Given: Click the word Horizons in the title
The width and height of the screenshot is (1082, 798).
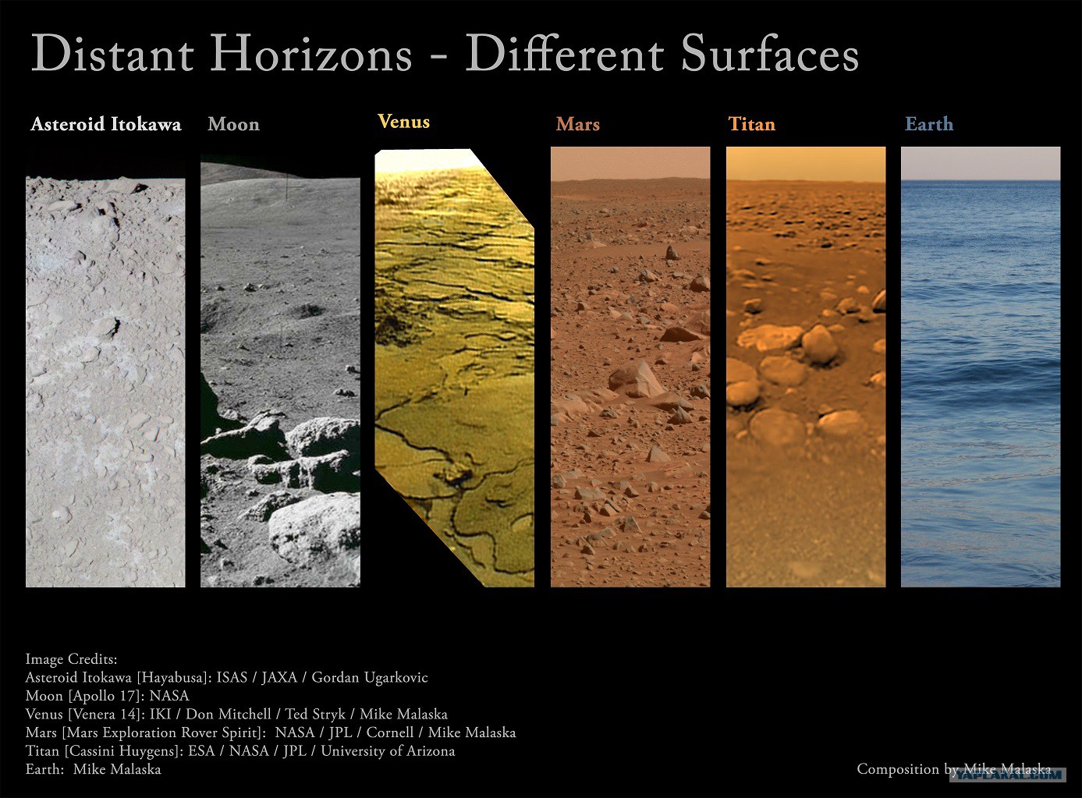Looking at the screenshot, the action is click(x=310, y=53).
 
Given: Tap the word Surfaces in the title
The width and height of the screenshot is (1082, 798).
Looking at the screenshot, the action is click(x=770, y=53).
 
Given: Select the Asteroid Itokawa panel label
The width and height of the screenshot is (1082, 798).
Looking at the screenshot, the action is click(x=106, y=124).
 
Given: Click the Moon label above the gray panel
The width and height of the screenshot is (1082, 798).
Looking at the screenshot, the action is click(x=234, y=124).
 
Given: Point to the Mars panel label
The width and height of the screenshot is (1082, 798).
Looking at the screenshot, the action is click(x=578, y=124).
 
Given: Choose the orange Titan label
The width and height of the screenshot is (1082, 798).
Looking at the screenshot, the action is click(x=751, y=124).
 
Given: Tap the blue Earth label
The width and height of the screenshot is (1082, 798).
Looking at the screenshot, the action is click(x=929, y=124).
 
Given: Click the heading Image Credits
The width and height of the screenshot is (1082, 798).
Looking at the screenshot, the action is click(x=72, y=659).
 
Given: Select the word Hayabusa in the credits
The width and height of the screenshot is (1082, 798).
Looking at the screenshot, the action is click(x=172, y=678).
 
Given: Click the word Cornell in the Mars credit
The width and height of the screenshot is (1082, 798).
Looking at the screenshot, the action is click(x=390, y=732).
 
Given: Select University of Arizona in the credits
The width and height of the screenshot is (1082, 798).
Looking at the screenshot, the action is click(x=388, y=751).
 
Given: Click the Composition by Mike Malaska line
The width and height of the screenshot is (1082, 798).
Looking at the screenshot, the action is click(x=954, y=769).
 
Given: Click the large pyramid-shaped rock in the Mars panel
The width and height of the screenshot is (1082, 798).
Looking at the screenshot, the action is click(x=636, y=380).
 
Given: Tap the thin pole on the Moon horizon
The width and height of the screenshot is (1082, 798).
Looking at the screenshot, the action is click(x=286, y=187).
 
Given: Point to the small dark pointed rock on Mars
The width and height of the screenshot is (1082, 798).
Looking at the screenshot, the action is click(x=672, y=252).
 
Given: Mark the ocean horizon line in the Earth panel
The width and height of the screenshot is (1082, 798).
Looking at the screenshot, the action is click(x=981, y=181).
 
